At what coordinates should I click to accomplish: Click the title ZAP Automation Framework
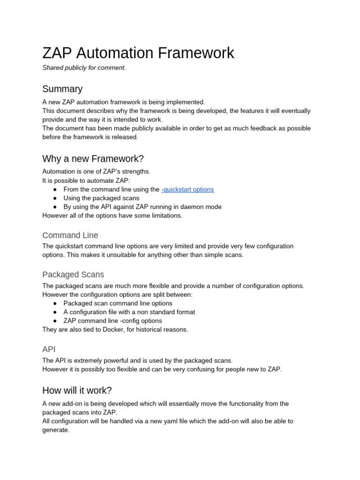[x=138, y=53]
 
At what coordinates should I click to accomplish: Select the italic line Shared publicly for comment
[x=84, y=68]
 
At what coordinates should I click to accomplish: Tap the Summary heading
[x=62, y=89]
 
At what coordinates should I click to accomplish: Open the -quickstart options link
[x=187, y=189]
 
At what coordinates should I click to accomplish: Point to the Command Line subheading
[x=70, y=235]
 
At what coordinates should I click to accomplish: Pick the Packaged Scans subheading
[x=73, y=275]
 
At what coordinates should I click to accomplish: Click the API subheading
[x=49, y=349]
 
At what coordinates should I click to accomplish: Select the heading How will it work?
[x=77, y=390]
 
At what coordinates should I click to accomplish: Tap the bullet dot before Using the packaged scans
[x=55, y=198]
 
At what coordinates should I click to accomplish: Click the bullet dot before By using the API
[x=55, y=207]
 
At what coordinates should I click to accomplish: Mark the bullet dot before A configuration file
[x=55, y=312]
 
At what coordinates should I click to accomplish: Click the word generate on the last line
[x=55, y=430]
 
